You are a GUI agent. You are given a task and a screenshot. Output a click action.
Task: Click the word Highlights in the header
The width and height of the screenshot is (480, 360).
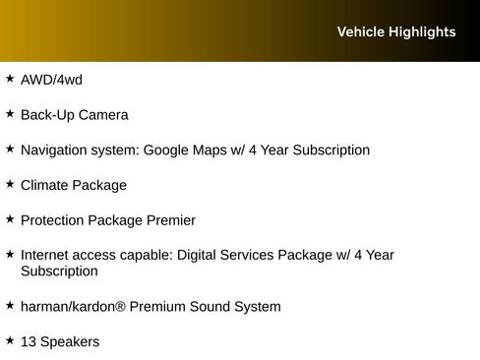[x=422, y=31]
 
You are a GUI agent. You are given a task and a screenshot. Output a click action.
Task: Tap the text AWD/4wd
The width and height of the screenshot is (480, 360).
[x=51, y=80]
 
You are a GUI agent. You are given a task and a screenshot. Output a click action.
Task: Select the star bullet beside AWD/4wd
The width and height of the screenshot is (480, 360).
[x=10, y=78]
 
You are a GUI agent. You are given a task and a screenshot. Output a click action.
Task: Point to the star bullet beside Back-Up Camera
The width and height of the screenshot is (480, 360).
[x=10, y=113]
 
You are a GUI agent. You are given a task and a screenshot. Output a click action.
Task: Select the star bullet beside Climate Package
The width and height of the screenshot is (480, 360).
[x=10, y=183]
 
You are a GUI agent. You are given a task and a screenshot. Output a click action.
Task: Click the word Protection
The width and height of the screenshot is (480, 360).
[x=55, y=220]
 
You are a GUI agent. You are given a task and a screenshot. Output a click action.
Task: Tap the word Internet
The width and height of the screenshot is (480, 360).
[x=45, y=255]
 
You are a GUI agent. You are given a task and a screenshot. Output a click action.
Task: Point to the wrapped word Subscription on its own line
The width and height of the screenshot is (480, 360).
[x=59, y=270]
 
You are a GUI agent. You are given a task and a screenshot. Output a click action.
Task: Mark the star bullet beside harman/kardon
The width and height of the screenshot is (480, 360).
[x=10, y=305]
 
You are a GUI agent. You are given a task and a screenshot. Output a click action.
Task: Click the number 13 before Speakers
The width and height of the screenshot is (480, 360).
[x=29, y=341]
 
